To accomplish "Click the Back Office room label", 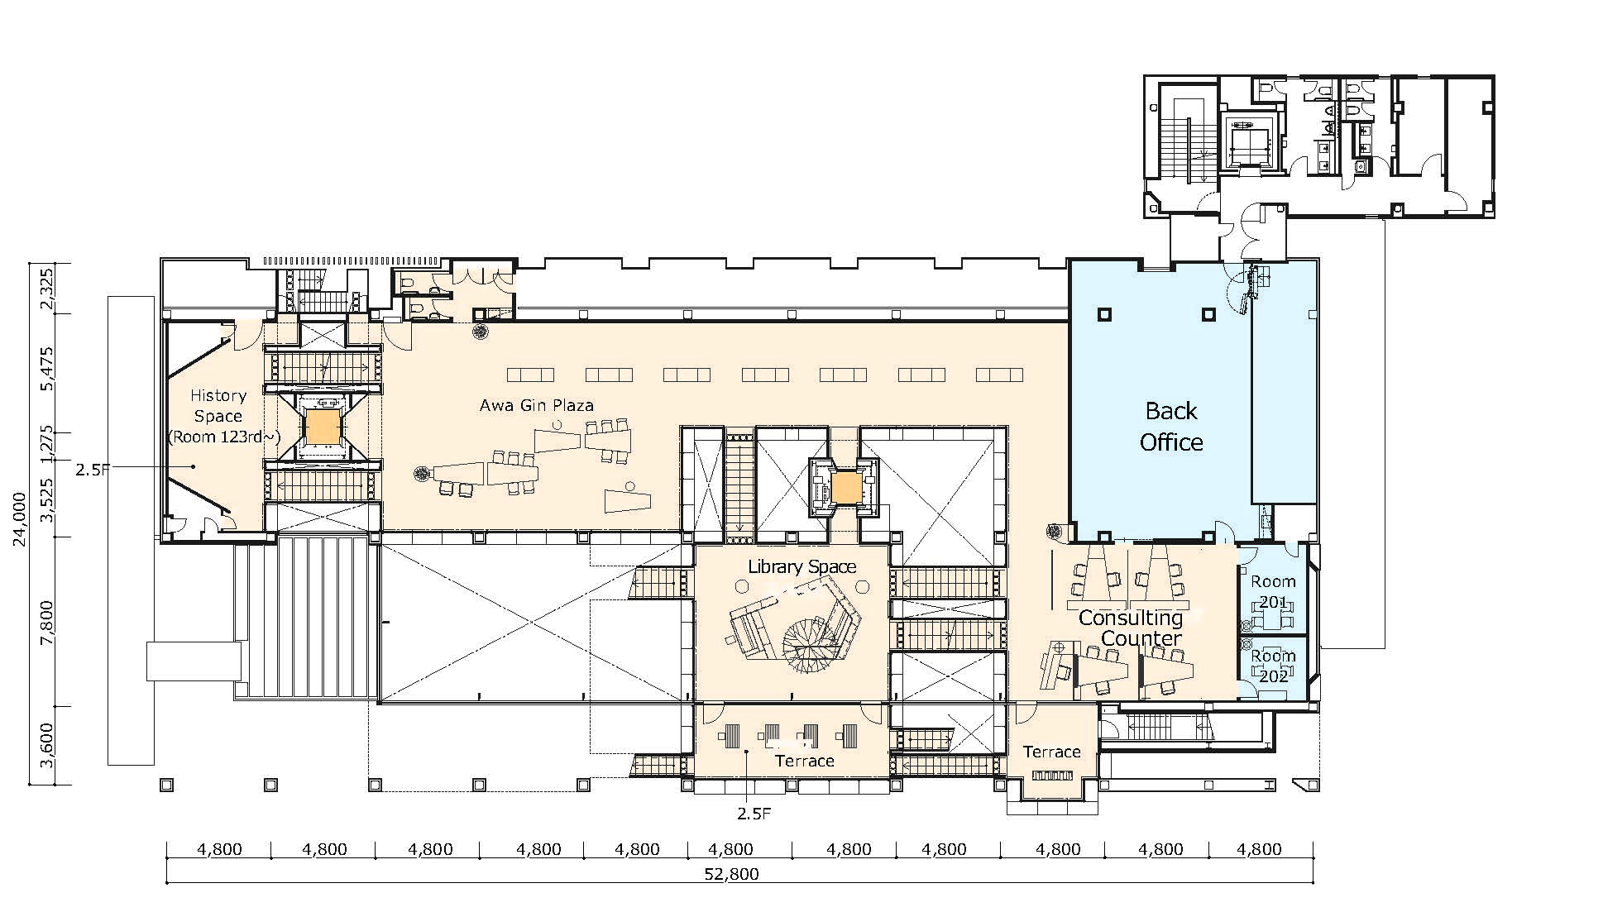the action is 1171,427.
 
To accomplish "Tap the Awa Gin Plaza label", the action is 537,405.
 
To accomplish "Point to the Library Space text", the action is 801,567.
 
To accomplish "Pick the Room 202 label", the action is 1273,666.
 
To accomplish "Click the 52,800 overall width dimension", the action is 733,874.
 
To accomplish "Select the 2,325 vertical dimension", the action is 46,289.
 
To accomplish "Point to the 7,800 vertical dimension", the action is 46,622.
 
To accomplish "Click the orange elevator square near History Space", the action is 323,427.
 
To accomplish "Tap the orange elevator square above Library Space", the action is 846,488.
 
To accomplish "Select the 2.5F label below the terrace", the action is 754,814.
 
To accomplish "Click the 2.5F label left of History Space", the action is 93,470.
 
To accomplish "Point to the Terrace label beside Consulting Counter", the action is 1052,752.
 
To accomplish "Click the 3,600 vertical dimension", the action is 46,745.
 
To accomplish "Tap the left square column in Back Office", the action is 1103,314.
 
